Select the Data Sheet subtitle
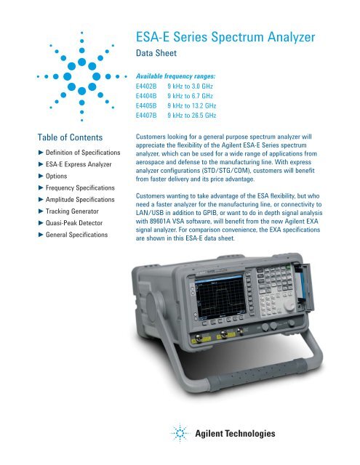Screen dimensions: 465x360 pyautogui.click(x=159, y=53)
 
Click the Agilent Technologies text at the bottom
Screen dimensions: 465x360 pyautogui.click(x=234, y=434)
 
